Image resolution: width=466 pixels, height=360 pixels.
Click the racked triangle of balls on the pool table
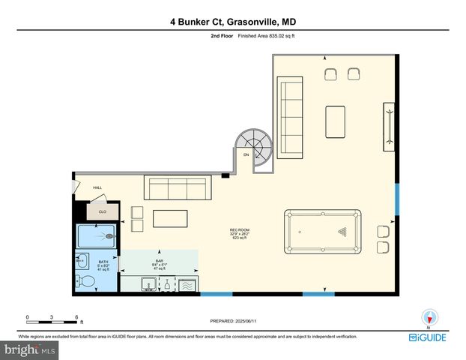pos(343,232)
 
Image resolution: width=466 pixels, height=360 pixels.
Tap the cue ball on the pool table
pos(300,232)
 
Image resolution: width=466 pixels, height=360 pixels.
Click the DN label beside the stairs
pos(246,154)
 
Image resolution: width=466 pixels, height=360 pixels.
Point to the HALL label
pos(97,187)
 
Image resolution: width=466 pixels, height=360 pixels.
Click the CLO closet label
pos(103,212)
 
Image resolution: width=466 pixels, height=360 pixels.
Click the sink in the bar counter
pos(150,284)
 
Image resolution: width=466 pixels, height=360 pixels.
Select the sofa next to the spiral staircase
pos(290,118)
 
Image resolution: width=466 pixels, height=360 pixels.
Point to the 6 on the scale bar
pos(76,317)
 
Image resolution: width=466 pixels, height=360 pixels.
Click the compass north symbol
pos(429,318)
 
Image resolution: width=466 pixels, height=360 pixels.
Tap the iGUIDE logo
pos(429,337)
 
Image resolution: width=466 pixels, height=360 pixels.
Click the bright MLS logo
pos(30,349)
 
